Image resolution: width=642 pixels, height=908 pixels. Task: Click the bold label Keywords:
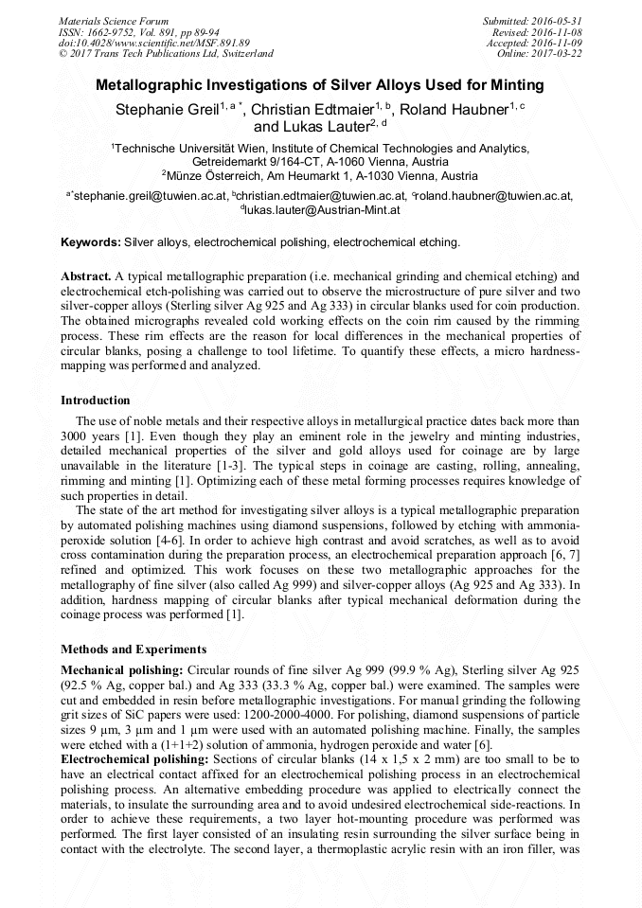pos(90,242)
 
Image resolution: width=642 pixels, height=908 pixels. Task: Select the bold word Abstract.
pos(85,275)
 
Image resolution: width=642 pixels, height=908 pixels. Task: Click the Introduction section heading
pos(96,401)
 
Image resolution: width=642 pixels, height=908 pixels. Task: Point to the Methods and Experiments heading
pos(133,650)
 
